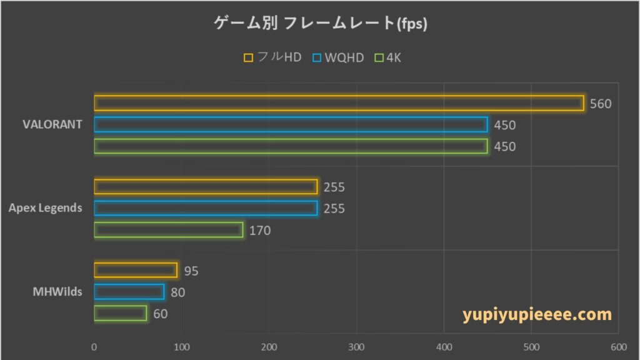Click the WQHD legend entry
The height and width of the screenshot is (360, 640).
[338, 57]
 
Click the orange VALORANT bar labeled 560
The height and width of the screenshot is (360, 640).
[338, 103]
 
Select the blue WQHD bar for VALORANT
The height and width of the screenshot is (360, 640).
[291, 124]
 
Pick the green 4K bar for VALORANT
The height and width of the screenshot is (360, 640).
[291, 146]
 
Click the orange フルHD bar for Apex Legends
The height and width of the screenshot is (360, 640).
[206, 187]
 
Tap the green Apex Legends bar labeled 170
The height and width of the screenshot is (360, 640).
[169, 230]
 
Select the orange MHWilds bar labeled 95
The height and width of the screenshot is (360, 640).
[136, 270]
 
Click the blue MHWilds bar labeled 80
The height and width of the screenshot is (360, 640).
[129, 292]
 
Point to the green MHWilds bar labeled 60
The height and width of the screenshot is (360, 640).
[121, 313]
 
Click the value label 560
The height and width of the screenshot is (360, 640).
[601, 104]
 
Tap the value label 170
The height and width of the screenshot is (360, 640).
[260, 231]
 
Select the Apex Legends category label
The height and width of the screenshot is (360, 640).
[45, 207]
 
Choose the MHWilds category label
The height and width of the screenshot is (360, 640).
[57, 291]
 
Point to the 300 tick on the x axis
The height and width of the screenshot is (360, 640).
[356, 347]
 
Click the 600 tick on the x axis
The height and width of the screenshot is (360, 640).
[618, 347]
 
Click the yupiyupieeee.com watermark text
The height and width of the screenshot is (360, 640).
[537, 314]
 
